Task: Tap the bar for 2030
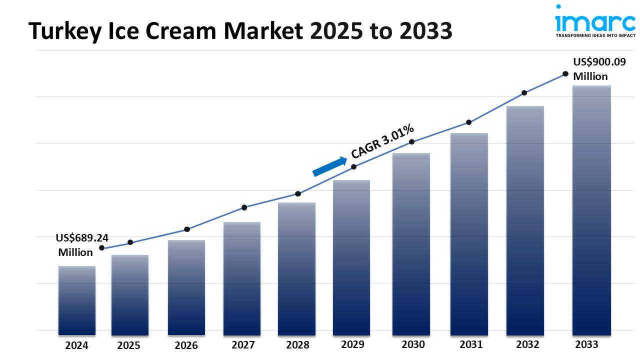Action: [411, 243]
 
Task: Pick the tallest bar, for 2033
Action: [591, 210]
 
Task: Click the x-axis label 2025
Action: [129, 345]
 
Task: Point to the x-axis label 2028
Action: [297, 345]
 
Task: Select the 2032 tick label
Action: [527, 344]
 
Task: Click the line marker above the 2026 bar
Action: [187, 229]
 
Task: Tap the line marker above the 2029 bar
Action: [354, 166]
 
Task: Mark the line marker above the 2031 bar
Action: [469, 122]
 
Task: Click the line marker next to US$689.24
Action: [102, 247]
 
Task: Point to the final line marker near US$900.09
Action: [565, 73]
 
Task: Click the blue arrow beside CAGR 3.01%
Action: [330, 166]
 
